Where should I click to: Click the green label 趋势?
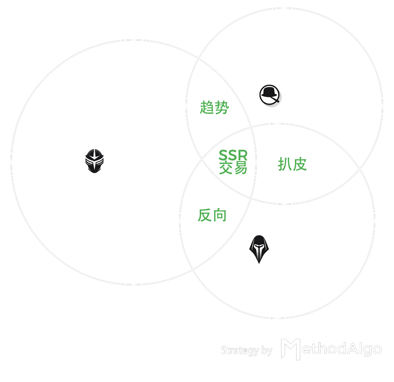point(214,108)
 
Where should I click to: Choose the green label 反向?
point(212,215)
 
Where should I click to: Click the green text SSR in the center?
point(233,155)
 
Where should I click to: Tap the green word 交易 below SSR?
point(233,168)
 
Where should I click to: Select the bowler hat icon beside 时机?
point(270,96)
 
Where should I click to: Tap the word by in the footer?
point(267,350)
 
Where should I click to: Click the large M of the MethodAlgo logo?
point(290,349)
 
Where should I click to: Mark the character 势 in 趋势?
point(222,108)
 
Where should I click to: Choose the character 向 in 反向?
point(220,215)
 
